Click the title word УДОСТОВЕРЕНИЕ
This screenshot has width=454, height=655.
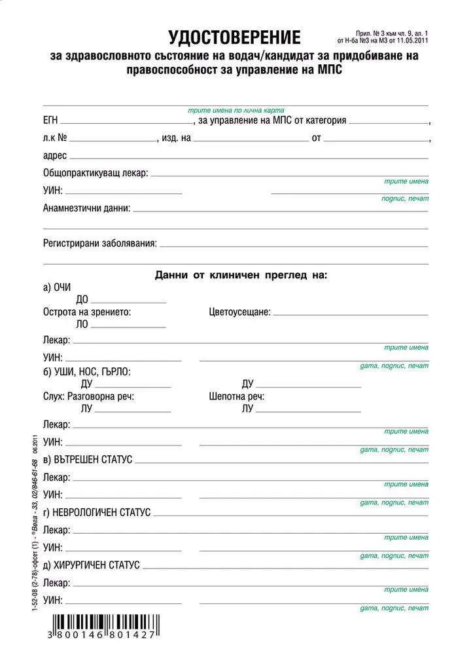tap(235, 37)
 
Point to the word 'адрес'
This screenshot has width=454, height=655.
tap(54, 157)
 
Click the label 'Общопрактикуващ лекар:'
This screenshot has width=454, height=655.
tap(96, 174)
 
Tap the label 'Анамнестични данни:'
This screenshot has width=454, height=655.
tap(87, 208)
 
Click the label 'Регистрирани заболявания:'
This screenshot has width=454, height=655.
tap(100, 244)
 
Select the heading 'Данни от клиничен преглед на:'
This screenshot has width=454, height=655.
tap(241, 276)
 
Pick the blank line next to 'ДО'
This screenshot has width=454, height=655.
tap(128, 301)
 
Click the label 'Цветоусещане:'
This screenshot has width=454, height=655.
tap(240, 312)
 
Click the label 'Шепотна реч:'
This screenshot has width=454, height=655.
tap(237, 396)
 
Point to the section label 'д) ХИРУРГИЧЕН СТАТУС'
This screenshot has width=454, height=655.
tap(92, 565)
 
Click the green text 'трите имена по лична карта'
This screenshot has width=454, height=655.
tap(236, 110)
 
